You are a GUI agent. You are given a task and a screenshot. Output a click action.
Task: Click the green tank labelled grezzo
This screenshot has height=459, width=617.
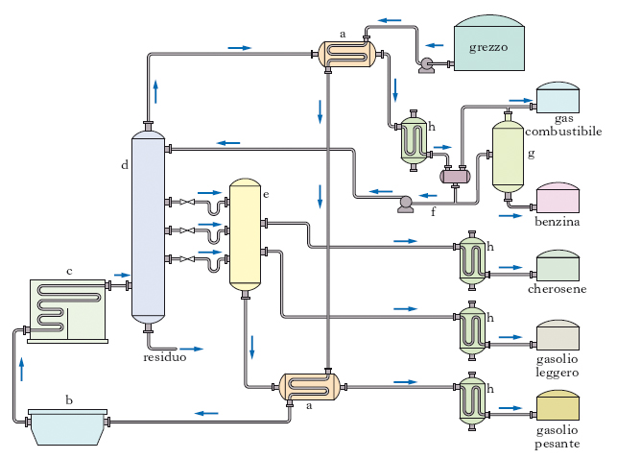[x=488, y=47]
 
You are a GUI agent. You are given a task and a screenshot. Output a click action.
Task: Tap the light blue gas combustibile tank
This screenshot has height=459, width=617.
[x=558, y=100]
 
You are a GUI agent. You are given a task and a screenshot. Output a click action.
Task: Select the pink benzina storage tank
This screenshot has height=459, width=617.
[x=558, y=199]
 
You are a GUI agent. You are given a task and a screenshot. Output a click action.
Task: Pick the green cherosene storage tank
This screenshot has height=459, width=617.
[x=558, y=267]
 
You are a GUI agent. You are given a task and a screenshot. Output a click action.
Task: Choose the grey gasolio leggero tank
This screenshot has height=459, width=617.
[x=558, y=335]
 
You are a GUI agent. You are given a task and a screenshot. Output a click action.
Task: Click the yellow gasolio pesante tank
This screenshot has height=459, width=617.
[x=558, y=406]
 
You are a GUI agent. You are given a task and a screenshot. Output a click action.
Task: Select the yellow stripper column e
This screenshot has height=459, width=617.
[x=245, y=234]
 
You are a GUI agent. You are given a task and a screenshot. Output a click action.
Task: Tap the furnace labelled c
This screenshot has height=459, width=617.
[x=68, y=310]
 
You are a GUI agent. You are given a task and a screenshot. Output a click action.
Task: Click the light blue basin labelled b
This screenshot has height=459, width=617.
[x=68, y=424]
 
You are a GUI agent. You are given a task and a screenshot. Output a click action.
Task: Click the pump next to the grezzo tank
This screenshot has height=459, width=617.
[x=425, y=64]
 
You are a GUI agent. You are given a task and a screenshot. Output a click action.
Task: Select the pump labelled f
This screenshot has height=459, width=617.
[x=405, y=203]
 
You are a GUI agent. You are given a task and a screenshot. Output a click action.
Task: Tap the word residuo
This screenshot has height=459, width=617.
[x=164, y=357]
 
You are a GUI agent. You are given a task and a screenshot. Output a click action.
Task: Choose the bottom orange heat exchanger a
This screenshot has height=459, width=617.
[x=310, y=387]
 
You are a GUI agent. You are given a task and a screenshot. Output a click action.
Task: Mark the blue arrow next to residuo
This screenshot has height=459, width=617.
[x=192, y=349]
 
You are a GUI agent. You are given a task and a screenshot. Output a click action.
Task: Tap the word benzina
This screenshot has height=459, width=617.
[x=558, y=223]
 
